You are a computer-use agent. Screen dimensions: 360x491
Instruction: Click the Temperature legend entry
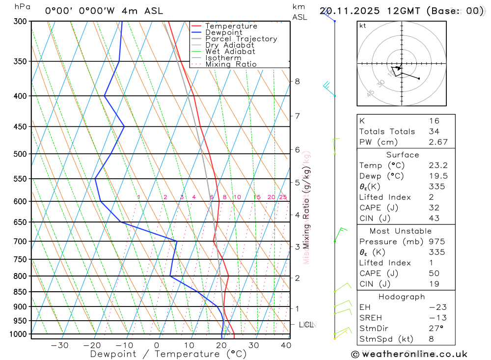point(231,26)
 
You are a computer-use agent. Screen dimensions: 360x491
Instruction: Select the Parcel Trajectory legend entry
point(241,39)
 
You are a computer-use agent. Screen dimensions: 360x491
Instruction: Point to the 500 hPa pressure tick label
point(20,154)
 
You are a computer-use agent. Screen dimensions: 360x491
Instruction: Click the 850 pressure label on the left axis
point(20,292)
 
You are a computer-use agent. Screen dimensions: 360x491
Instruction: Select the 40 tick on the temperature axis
point(285,345)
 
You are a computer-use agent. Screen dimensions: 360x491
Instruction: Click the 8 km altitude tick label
point(297,81)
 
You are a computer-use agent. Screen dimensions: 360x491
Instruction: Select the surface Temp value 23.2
point(437,166)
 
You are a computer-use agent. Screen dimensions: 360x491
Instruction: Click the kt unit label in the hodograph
point(363,26)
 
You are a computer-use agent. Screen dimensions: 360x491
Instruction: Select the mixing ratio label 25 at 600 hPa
point(283,197)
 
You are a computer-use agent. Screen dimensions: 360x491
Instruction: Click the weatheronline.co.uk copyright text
point(409,354)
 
